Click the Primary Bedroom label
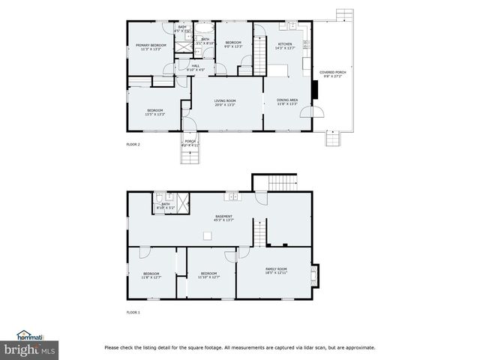pos(151,45)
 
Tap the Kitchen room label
pos(285,44)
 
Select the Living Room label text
pos(225,100)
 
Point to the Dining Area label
pos(287,100)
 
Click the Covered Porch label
pos(332,72)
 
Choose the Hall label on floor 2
pos(195,66)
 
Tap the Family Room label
pos(277,268)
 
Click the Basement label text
pos(224,216)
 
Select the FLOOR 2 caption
pos(133,144)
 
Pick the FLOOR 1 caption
pos(133,312)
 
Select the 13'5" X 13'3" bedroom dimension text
pos(154,114)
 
